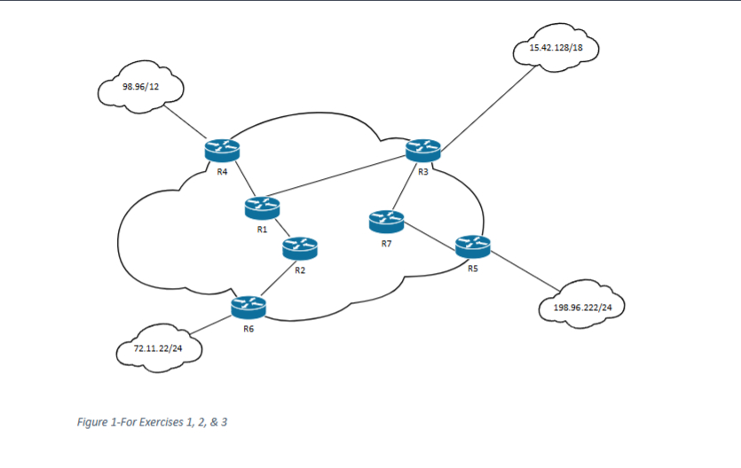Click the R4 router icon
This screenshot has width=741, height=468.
(222, 151)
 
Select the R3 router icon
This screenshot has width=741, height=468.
(423, 150)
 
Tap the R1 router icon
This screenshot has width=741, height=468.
(263, 208)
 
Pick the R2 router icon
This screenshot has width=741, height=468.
(300, 248)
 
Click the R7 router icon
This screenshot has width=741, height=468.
(387, 222)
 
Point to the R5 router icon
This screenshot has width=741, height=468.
(473, 246)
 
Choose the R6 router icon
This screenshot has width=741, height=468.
(248, 307)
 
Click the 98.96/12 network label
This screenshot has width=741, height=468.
(141, 87)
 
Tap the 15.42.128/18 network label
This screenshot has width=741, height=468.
(556, 48)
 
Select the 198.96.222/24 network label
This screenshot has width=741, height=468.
(583, 308)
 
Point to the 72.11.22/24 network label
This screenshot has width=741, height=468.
(158, 348)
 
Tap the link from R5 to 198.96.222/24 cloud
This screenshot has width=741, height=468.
(525, 271)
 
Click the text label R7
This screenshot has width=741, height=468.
(387, 244)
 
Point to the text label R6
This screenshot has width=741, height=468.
(248, 329)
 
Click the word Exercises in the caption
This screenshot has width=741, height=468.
(161, 422)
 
